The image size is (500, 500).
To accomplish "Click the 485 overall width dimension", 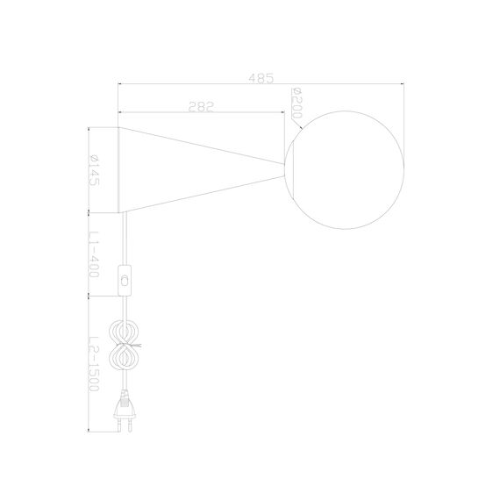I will [261, 77].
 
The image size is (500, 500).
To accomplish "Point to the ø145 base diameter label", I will [92, 168].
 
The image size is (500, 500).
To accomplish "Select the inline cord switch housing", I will [127, 282].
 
